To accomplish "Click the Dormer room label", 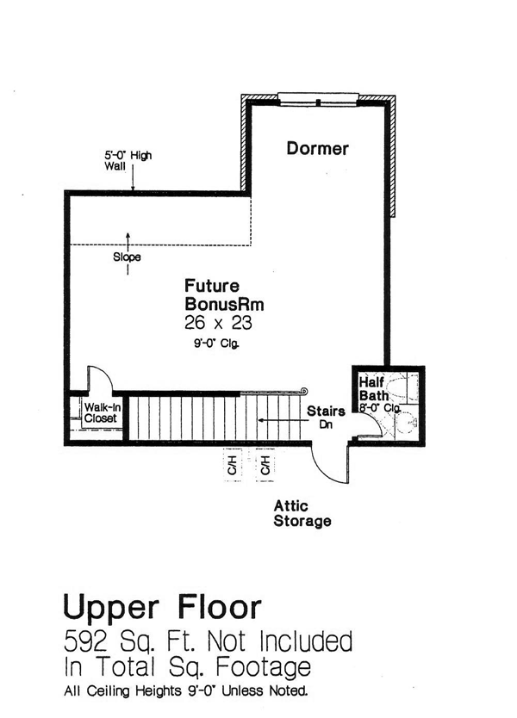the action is (x=317, y=148).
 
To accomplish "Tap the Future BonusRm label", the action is (x=224, y=295).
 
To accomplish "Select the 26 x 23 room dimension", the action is (x=218, y=323).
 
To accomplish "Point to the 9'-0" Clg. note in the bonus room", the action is (x=216, y=344).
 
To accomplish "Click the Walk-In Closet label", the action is (x=100, y=412).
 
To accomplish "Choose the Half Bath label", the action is (x=373, y=389).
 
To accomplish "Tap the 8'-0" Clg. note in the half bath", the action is (x=380, y=407).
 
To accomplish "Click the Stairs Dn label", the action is (x=326, y=417).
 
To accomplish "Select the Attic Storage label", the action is (x=302, y=513).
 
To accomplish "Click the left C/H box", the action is (x=233, y=466).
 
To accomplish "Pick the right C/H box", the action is (x=265, y=466).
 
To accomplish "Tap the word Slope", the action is (x=127, y=257).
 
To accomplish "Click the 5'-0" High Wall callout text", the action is (x=128, y=161).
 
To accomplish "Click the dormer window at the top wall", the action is (x=318, y=99).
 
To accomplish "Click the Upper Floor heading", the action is (x=162, y=608).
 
